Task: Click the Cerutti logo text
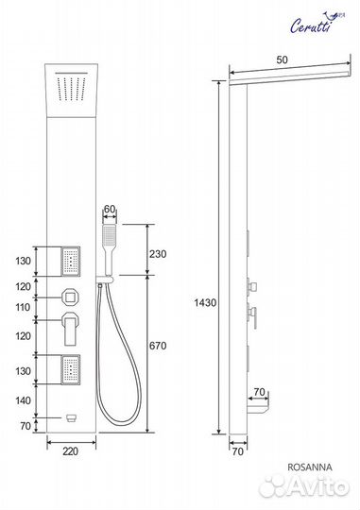click(310, 26)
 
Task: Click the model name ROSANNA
click(310, 467)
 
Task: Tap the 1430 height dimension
click(205, 303)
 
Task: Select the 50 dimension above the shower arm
click(282, 59)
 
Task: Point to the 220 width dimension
click(71, 451)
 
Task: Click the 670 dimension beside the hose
click(158, 346)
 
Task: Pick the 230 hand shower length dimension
click(158, 254)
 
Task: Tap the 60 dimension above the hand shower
click(110, 209)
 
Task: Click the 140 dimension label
click(23, 400)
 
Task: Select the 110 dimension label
click(23, 307)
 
